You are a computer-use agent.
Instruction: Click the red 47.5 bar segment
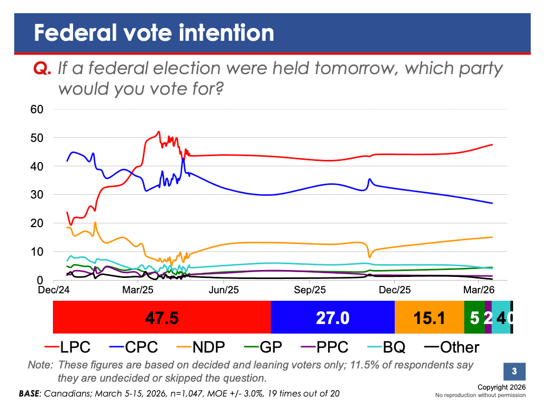(x=162, y=318)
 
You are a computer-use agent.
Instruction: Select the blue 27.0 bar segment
(x=333, y=318)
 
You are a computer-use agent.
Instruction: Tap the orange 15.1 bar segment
(x=429, y=318)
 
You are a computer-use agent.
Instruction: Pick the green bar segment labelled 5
(x=474, y=318)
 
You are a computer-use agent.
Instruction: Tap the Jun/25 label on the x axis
(x=225, y=290)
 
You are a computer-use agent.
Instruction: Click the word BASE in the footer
(x=30, y=393)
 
